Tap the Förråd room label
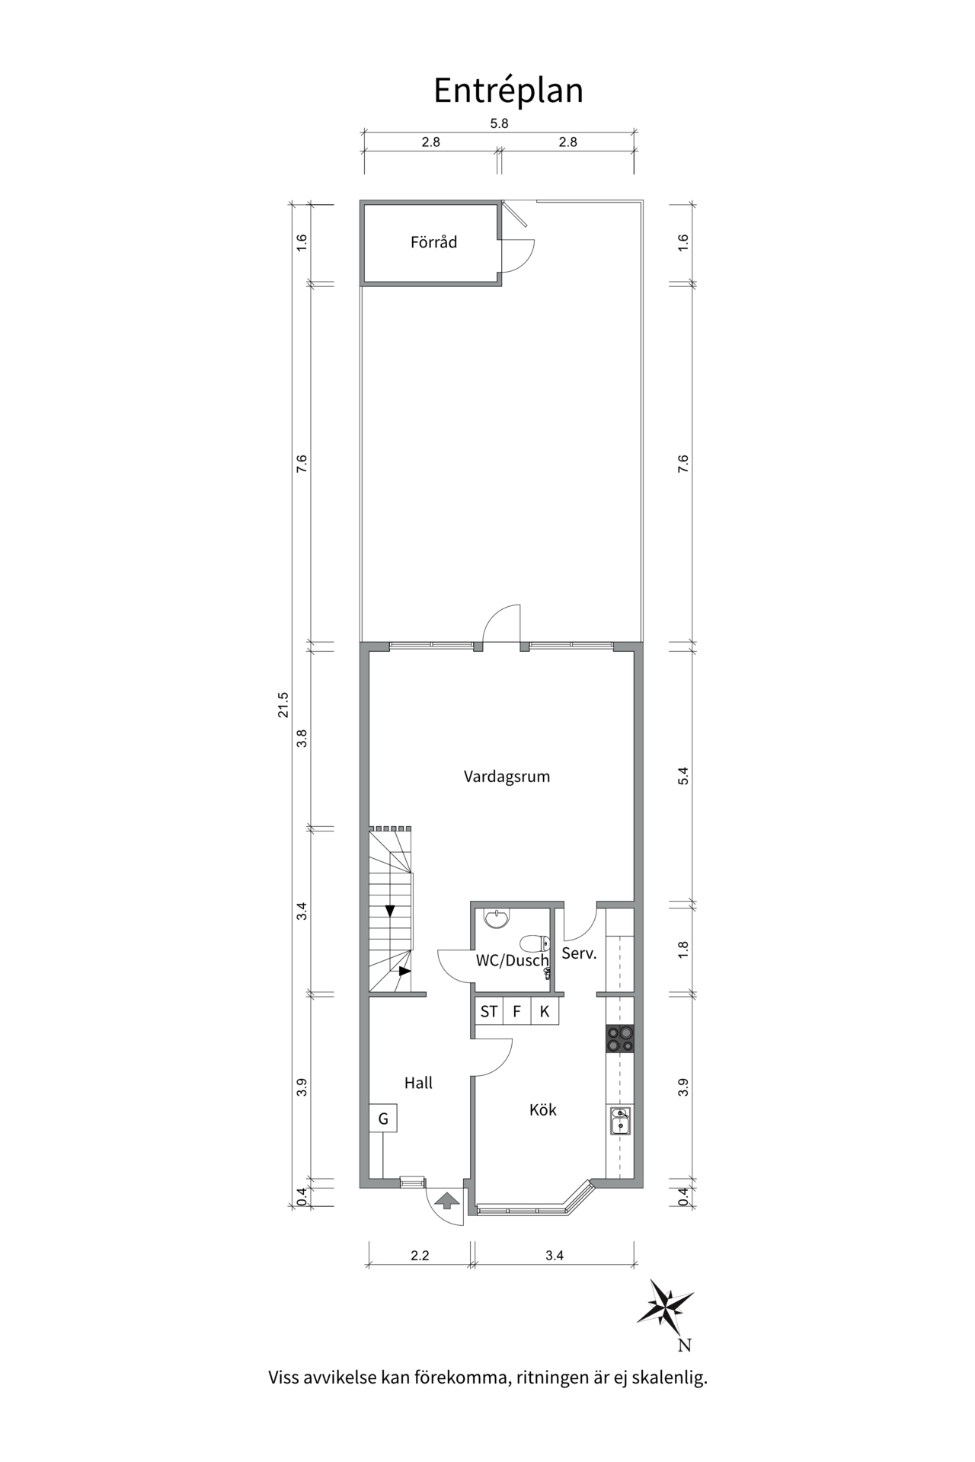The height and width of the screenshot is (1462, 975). click(433, 242)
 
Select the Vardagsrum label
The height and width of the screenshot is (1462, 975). click(507, 777)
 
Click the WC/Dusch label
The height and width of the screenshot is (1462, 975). click(512, 960)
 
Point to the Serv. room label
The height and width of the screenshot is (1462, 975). click(579, 953)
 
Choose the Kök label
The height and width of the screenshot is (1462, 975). click(543, 1109)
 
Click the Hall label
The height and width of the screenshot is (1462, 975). click(418, 1082)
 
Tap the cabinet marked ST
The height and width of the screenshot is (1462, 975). click(488, 1011)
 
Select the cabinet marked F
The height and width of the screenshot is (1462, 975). click(516, 1011)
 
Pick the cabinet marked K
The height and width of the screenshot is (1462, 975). click(545, 1011)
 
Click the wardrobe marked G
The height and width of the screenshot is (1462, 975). click(383, 1118)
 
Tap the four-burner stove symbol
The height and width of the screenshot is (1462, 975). click(620, 1039)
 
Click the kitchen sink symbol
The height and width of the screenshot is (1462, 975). click(620, 1122)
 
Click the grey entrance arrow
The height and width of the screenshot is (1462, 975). click(446, 1201)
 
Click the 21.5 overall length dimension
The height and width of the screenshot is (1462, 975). click(283, 704)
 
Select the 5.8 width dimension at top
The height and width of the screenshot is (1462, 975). click(499, 123)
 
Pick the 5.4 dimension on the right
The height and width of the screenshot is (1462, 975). click(682, 776)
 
